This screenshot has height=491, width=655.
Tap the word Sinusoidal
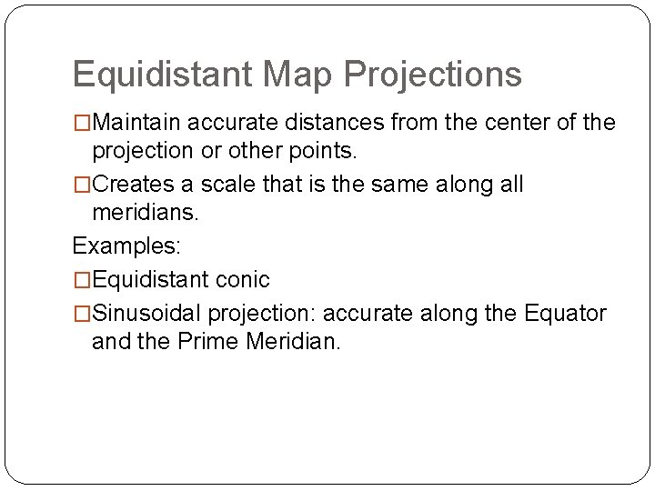coord(146,315)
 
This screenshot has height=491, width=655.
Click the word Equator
coord(565,315)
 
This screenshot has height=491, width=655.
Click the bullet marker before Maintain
coord(82,123)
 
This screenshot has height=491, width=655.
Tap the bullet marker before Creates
coord(82,185)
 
